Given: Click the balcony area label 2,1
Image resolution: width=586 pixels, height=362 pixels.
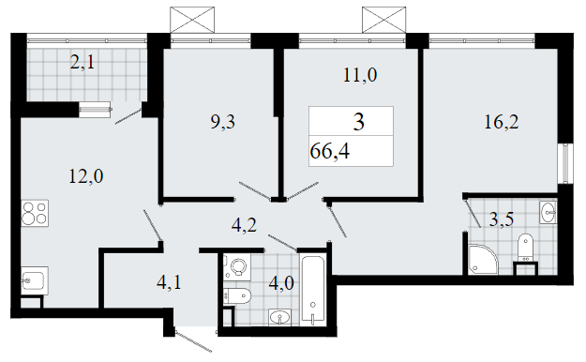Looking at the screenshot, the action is (83, 62).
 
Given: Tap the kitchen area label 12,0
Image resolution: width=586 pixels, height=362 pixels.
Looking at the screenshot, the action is (86, 176).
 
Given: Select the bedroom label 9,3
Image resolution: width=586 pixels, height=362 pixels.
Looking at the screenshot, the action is (223, 122).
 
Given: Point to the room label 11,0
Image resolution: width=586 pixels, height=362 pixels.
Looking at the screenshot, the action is (360, 75).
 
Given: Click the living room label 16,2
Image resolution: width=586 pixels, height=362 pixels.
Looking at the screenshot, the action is (502, 122).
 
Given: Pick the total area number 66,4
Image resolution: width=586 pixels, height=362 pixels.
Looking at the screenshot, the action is (330, 152).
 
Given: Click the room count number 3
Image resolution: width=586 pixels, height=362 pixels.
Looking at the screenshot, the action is (359, 122).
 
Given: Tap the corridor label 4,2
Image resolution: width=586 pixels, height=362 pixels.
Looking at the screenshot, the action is (244, 225).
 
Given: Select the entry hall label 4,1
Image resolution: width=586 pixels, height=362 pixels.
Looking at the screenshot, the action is (169, 282).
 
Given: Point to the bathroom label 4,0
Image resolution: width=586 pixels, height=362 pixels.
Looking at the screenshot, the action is (281, 283).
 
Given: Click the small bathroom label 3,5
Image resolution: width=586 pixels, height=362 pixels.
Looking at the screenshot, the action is (502, 219).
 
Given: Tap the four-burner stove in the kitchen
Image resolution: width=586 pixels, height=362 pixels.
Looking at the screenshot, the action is (35, 213).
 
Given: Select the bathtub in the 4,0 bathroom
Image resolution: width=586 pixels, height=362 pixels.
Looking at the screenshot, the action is (313, 290).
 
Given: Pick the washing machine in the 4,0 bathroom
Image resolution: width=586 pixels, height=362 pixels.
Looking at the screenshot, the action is (237, 267).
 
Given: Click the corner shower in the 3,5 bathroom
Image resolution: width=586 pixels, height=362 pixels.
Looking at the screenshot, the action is (482, 259).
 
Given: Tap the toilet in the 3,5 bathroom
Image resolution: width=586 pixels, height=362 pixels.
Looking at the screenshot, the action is (525, 248).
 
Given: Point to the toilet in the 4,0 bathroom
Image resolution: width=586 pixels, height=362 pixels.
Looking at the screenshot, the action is (237, 296).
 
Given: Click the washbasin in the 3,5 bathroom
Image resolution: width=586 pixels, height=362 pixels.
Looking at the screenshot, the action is (548, 212).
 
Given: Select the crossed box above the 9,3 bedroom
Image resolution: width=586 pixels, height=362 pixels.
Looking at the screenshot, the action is (192, 20).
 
